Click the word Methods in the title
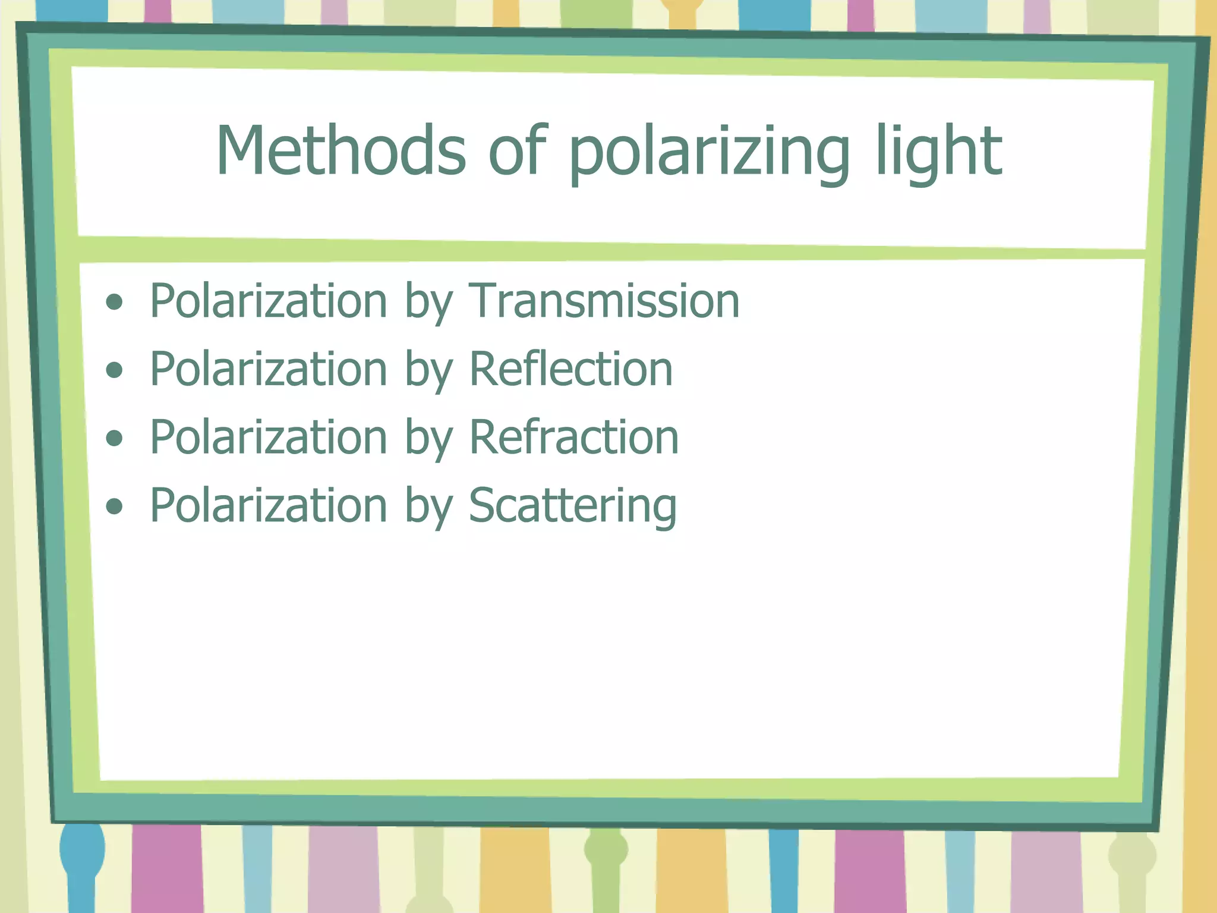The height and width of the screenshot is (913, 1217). click(x=340, y=151)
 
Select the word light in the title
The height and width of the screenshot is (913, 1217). click(x=939, y=152)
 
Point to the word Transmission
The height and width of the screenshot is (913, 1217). click(x=604, y=301)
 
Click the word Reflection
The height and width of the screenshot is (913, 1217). click(x=571, y=369)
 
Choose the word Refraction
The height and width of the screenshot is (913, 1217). click(x=574, y=437)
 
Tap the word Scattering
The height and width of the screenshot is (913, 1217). click(x=572, y=506)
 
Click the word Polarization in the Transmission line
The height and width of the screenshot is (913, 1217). click(x=269, y=301)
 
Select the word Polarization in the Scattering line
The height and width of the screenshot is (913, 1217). click(x=269, y=505)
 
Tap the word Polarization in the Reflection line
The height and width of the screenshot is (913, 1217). click(x=269, y=369)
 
